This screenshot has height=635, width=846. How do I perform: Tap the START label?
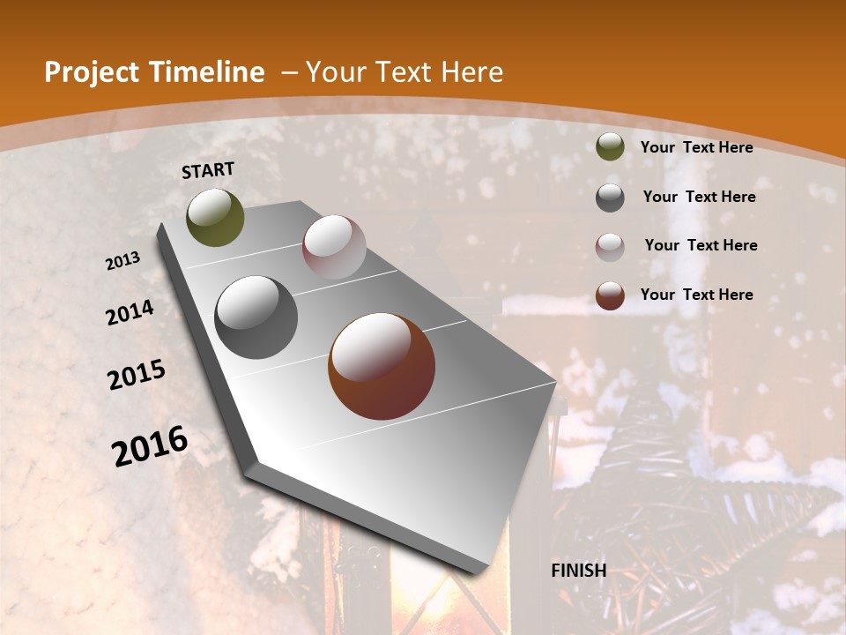[208, 170]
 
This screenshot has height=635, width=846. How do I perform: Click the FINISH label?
[579, 571]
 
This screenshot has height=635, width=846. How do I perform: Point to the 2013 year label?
[123, 261]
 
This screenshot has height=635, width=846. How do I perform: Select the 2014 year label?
[130, 313]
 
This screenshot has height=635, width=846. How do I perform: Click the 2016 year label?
[150, 445]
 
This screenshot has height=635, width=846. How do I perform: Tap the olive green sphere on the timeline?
[216, 217]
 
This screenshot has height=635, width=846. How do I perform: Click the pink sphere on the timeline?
[334, 247]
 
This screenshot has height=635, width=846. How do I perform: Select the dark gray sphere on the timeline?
[256, 317]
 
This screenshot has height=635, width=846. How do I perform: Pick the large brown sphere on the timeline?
[382, 366]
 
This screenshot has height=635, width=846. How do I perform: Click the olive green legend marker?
[610, 146]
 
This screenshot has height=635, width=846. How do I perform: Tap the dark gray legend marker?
[610, 197]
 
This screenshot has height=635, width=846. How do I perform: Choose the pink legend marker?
[610, 246]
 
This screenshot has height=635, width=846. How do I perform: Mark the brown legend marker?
[610, 295]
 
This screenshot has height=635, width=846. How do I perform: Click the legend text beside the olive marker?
[696, 147]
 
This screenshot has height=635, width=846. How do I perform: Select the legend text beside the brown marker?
[696, 295]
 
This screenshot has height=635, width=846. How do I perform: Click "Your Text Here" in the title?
[404, 72]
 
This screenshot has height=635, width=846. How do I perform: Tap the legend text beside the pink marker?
[701, 245]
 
